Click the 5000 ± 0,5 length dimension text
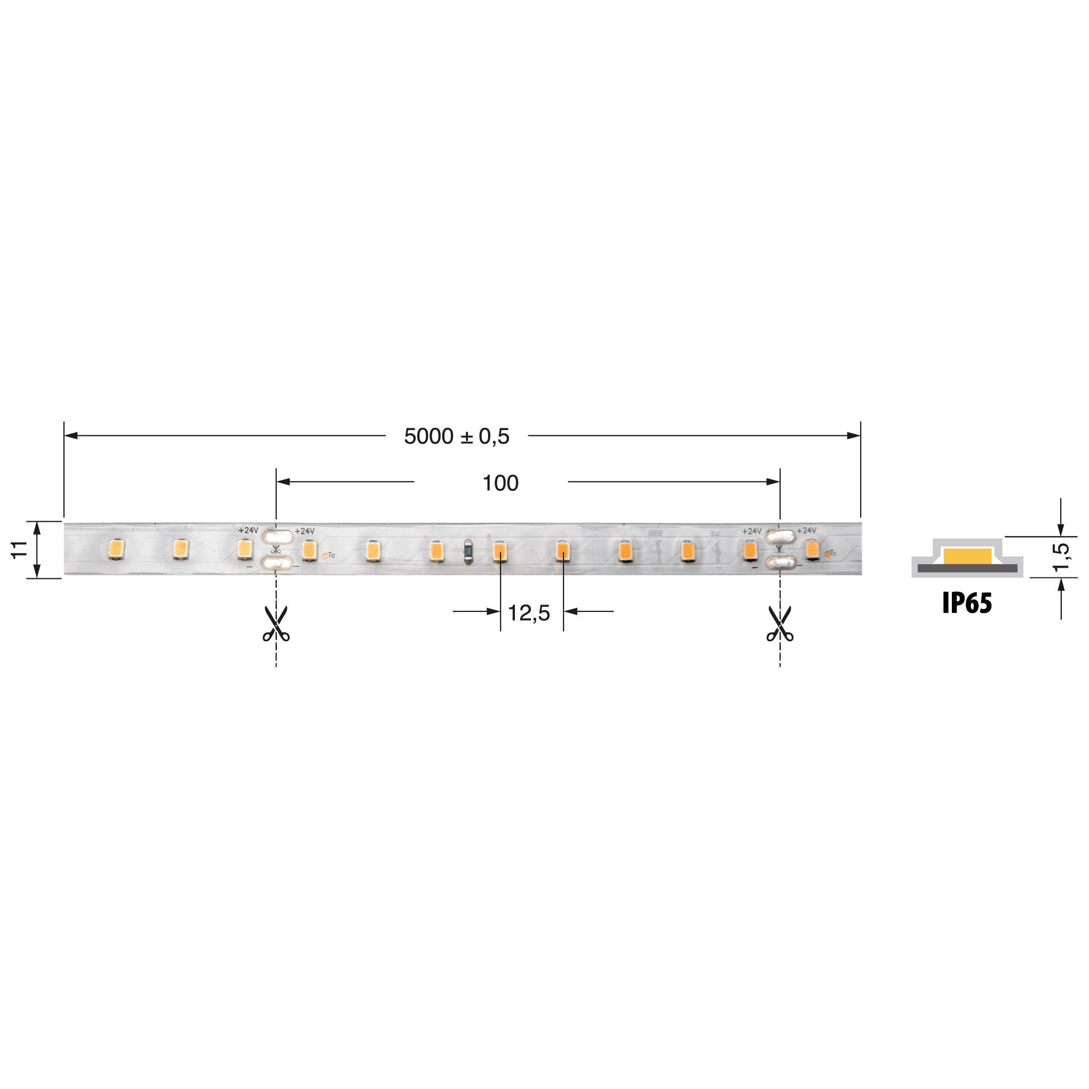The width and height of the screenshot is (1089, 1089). (x=457, y=436)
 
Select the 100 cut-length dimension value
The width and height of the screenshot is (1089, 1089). (x=500, y=483)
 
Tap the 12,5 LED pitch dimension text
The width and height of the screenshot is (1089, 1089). (x=528, y=613)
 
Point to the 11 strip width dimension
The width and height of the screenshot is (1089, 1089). (x=20, y=550)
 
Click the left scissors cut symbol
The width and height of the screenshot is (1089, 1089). (x=276, y=623)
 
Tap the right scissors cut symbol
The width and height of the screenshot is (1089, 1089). (x=780, y=623)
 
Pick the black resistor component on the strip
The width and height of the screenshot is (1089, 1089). (x=468, y=552)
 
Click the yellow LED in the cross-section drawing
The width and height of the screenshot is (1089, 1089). (x=967, y=557)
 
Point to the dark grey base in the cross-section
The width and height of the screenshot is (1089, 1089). (x=967, y=568)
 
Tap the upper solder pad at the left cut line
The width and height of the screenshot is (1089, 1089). (x=277, y=536)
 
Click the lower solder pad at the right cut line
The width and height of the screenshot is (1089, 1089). (x=781, y=562)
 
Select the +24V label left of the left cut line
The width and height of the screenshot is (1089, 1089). (x=248, y=530)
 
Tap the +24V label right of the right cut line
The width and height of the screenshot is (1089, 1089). (x=806, y=530)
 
